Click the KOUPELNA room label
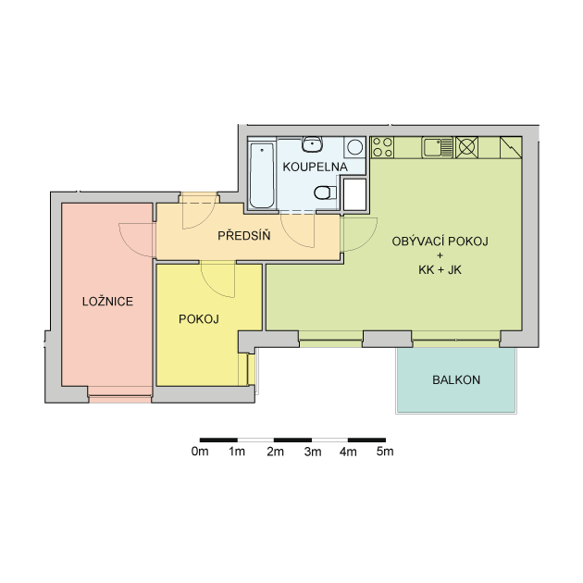pyautogui.click(x=315, y=167)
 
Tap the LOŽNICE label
pyautogui.click(x=107, y=301)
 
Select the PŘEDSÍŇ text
pyautogui.click(x=244, y=235)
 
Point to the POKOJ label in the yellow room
pyautogui.click(x=199, y=319)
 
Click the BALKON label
pyautogui.click(x=456, y=379)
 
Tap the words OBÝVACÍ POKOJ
pyautogui.click(x=440, y=242)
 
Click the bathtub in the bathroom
pyautogui.click(x=262, y=175)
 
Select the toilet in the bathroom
pyautogui.click(x=325, y=192)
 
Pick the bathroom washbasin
pyautogui.click(x=312, y=143)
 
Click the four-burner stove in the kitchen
pyautogui.click(x=382, y=147)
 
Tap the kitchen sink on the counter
pyautogui.click(x=438, y=147)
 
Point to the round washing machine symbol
pyautogui.click(x=355, y=147)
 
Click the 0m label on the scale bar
pyautogui.click(x=200, y=452)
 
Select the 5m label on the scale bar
pyautogui.click(x=385, y=452)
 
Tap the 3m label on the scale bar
pyautogui.click(x=313, y=452)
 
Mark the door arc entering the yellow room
pyautogui.click(x=210, y=286)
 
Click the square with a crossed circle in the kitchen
pyautogui.click(x=467, y=147)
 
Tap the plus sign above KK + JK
pyautogui.click(x=440, y=255)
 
